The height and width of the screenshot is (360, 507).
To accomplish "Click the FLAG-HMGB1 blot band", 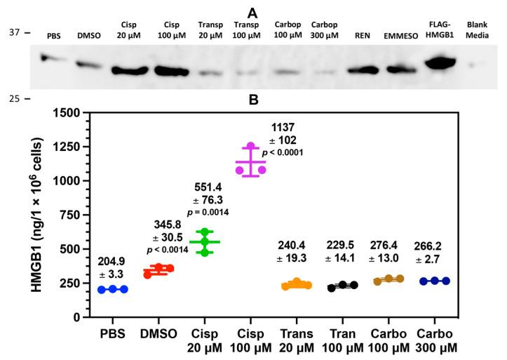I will (x=434, y=62).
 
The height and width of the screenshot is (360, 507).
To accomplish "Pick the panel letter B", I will (x=254, y=99).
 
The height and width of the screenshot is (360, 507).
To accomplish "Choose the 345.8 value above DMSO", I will (x=174, y=224).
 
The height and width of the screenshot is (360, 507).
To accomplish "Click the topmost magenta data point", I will (x=250, y=146).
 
